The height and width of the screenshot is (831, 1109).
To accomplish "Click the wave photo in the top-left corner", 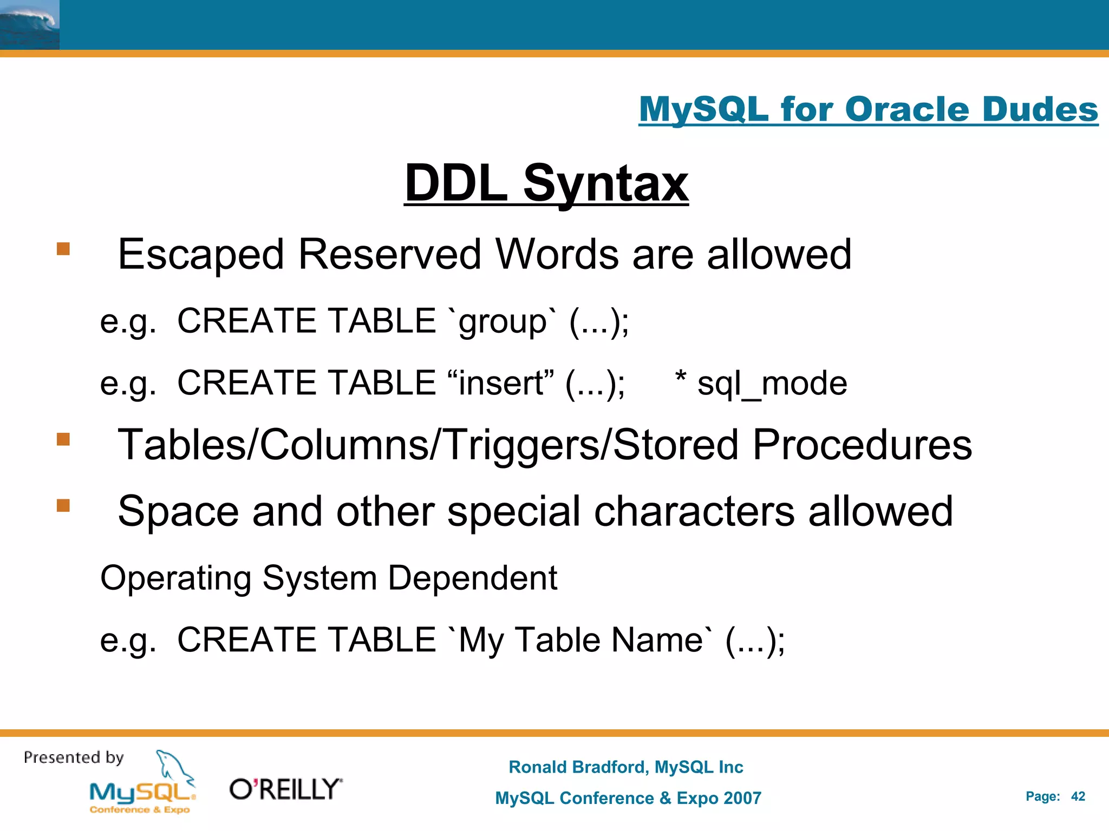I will (29, 25).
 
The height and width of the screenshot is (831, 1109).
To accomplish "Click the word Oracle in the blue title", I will (908, 110).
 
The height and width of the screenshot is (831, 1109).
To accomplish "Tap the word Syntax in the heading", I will (605, 184).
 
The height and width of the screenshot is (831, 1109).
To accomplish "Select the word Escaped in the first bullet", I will (201, 254).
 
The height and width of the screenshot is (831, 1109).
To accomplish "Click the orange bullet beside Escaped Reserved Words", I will (63, 249).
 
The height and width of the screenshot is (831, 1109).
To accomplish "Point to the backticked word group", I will (503, 322).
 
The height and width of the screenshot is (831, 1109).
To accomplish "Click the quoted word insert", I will (501, 383).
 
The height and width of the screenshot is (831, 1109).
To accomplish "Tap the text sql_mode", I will (772, 384).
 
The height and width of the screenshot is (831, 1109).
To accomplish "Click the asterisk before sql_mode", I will (681, 377).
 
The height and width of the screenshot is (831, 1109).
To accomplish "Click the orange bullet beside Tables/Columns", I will (63, 439).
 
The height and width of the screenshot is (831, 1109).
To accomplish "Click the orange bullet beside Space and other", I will (63, 505).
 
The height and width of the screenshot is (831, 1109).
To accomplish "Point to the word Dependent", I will (473, 578).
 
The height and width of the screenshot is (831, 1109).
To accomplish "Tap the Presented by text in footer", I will (74, 757).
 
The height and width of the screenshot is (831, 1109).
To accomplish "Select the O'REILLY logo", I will (286, 789).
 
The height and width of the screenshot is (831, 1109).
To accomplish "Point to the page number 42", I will (1078, 796).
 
